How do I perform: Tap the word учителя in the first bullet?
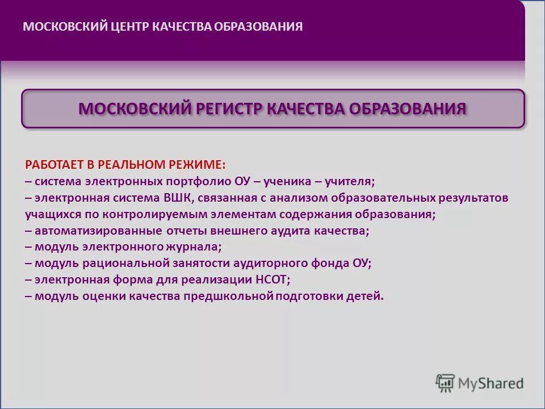click(350, 182)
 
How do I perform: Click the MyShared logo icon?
click(446, 383)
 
